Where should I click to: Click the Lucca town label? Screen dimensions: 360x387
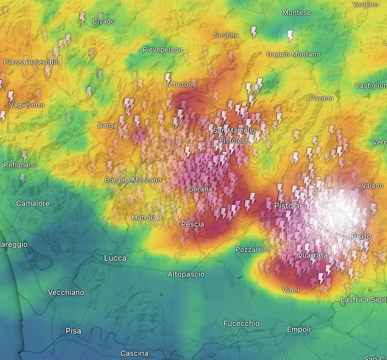click(x=115, y=258)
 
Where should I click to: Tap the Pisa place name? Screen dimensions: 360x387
click(x=73, y=331)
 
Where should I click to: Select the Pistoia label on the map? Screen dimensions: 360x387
click(x=286, y=206)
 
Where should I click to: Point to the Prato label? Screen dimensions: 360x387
click(x=361, y=236)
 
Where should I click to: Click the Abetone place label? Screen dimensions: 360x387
click(x=183, y=84)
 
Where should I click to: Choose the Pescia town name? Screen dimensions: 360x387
click(x=192, y=224)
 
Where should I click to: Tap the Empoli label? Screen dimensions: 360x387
click(x=298, y=330)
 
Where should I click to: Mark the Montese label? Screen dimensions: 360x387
click(x=297, y=13)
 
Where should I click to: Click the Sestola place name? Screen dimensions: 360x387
click(x=226, y=35)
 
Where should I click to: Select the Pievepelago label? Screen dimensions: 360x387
click(x=162, y=49)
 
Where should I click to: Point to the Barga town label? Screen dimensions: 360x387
click(x=107, y=126)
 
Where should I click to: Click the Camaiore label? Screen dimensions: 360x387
click(x=33, y=203)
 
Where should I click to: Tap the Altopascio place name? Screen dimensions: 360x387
click(x=186, y=274)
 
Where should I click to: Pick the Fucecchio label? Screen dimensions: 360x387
click(x=241, y=324)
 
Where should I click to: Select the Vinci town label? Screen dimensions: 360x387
click(x=291, y=290)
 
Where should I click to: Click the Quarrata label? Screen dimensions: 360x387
click(x=312, y=256)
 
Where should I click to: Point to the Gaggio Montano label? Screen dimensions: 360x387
click(x=293, y=54)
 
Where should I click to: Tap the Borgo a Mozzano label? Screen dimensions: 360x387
click(x=133, y=180)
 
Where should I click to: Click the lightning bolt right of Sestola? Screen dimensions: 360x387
click(x=254, y=31)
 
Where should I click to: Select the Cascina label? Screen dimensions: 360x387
click(x=134, y=353)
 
